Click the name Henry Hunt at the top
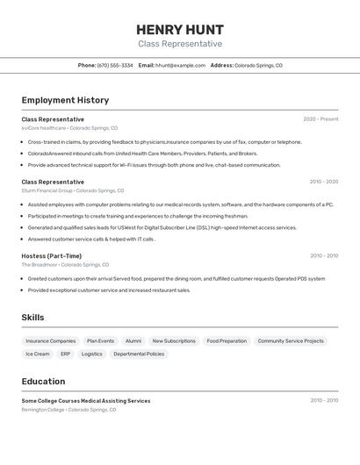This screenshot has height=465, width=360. point(180,30)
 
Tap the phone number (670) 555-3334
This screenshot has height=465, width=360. point(115,65)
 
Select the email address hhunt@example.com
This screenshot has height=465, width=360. point(180,65)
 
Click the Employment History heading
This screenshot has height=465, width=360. point(65,100)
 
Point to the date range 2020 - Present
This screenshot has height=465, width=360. point(320,119)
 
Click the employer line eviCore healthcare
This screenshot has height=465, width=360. point(69,128)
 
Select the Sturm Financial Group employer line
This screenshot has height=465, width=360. point(73,190)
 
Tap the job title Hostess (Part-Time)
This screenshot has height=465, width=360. point(52,256)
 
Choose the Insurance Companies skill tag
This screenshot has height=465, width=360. point(51,340)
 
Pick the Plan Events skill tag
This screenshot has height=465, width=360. point(100,340)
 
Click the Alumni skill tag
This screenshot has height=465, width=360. point(133,340)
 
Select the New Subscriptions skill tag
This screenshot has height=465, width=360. point(174,340)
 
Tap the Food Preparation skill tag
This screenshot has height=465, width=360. point(227,340)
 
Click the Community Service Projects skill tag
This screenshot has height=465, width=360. point(291,340)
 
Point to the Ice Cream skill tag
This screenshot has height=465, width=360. point(38,354)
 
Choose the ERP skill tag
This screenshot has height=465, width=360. point(66,354)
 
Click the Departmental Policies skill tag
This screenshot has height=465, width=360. point(139,354)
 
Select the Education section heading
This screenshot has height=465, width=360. point(43,382)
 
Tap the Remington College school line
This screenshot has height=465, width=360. point(68,409)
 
